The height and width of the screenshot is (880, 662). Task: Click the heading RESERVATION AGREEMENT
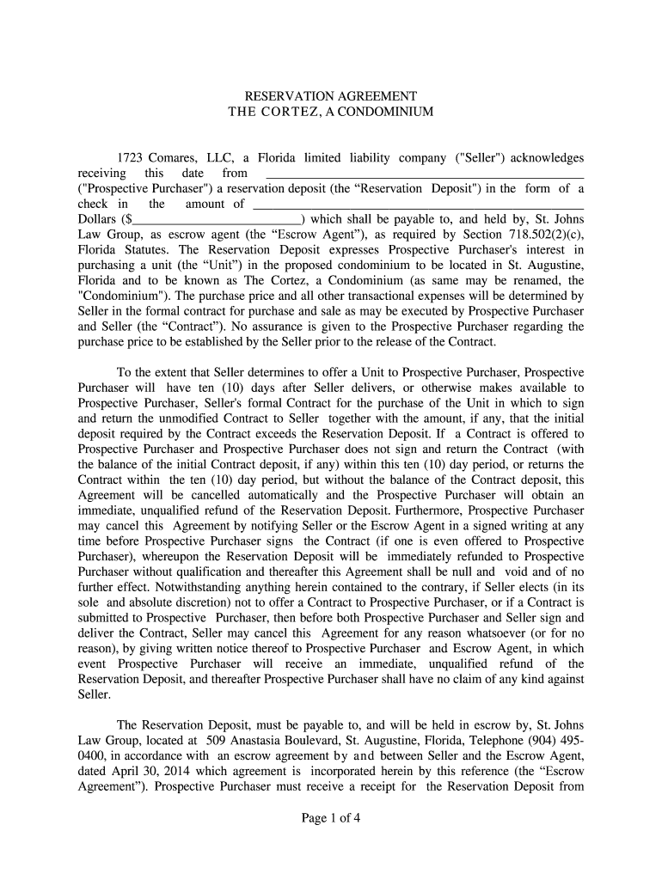[331, 96]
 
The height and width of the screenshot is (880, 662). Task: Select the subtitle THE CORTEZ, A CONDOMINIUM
[331, 113]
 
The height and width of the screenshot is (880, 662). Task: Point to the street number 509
[217, 740]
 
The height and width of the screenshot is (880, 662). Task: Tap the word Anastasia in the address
[262, 740]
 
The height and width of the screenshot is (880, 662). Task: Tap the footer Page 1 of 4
[330, 818]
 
